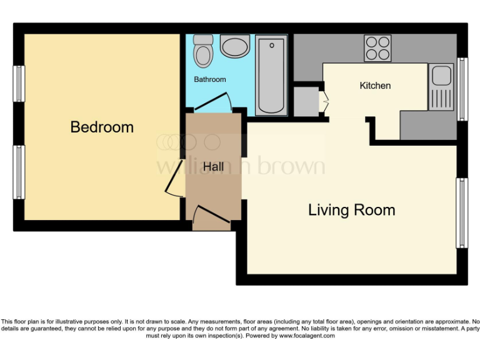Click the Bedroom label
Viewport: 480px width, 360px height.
(x=102, y=127)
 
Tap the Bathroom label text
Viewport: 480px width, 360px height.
(x=209, y=80)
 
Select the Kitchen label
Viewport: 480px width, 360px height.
(x=375, y=86)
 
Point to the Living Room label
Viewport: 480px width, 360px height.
(x=351, y=210)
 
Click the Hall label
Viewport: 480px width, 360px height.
(x=213, y=167)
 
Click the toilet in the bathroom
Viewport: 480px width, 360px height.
(x=203, y=51)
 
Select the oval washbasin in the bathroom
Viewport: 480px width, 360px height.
(x=234, y=47)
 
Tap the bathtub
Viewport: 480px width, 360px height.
(x=272, y=75)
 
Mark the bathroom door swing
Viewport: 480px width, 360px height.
(x=216, y=102)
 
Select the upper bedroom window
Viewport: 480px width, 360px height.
(x=20, y=87)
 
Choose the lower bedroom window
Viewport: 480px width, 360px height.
(x=20, y=172)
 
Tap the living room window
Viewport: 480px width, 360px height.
(x=462, y=212)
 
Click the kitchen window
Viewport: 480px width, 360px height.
(x=462, y=89)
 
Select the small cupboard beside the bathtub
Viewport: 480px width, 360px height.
(x=306, y=101)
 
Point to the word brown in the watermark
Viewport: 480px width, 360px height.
(x=294, y=166)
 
